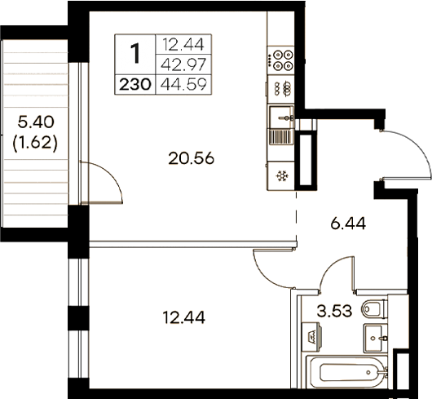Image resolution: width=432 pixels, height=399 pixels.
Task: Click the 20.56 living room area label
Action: (193, 160)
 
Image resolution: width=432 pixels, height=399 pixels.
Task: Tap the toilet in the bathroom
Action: (371, 308)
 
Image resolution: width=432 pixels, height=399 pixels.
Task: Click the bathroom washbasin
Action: (375, 335)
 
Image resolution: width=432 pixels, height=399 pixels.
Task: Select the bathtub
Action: (346, 374)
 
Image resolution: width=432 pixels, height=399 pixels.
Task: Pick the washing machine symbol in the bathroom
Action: (311, 335)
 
